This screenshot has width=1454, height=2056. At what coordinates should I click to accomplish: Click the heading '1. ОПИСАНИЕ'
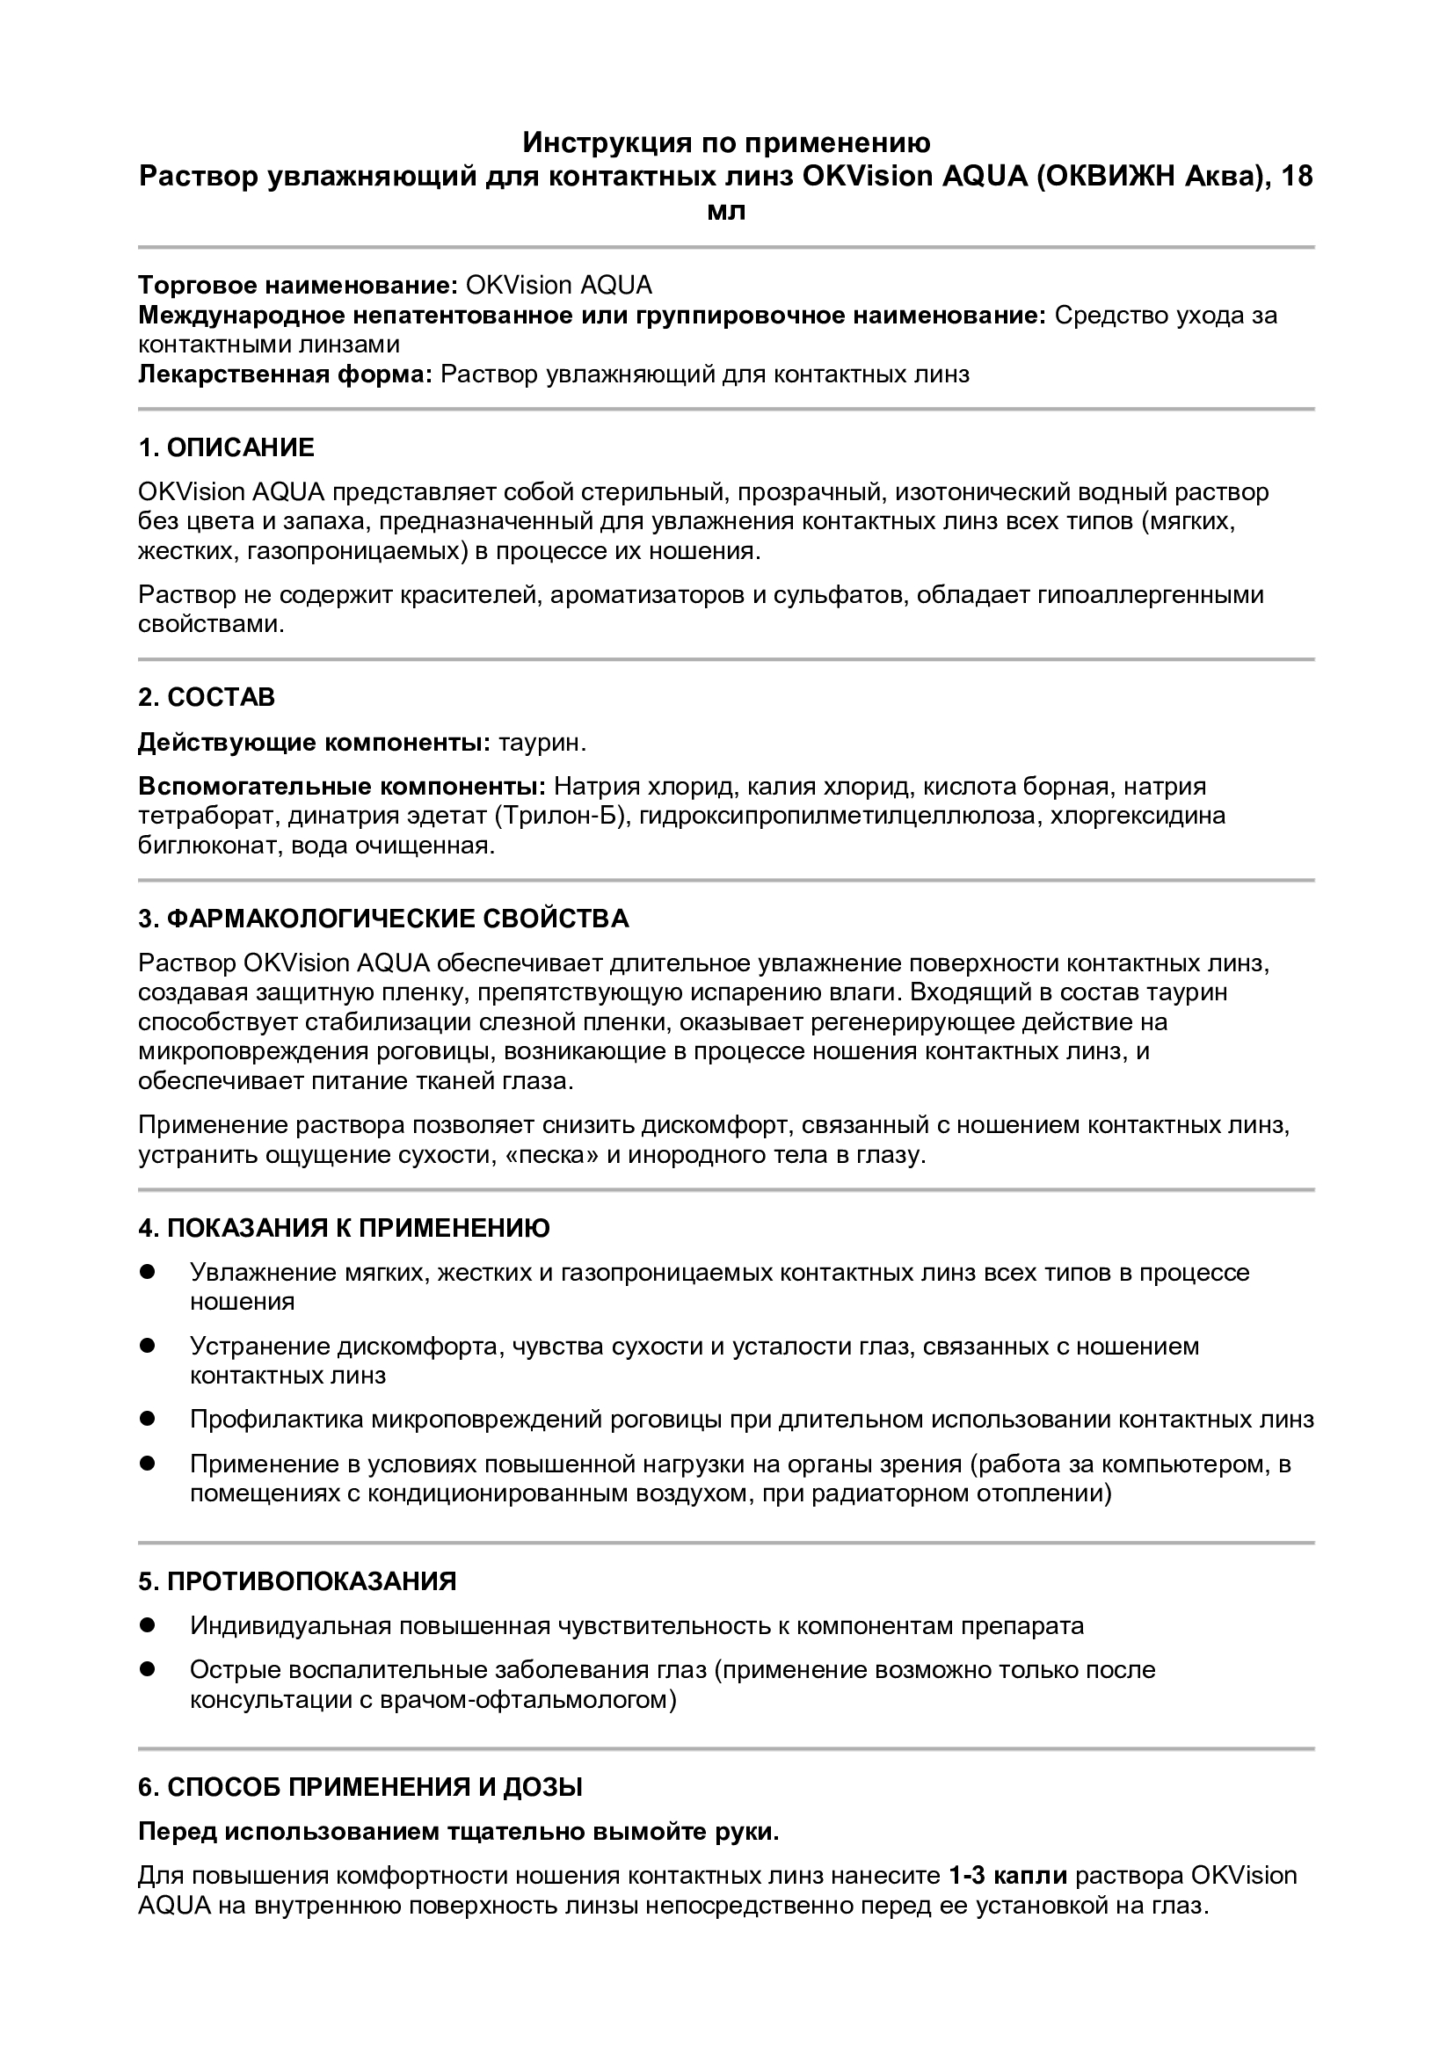(x=226, y=447)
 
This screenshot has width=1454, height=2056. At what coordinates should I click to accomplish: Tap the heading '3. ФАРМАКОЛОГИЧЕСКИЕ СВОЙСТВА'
(x=383, y=918)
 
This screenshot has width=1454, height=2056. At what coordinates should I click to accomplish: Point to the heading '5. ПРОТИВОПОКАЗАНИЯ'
(x=297, y=1580)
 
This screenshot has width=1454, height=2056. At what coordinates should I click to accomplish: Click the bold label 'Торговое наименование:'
(x=298, y=286)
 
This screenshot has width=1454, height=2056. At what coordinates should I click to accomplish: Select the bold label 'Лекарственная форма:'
(x=286, y=374)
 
